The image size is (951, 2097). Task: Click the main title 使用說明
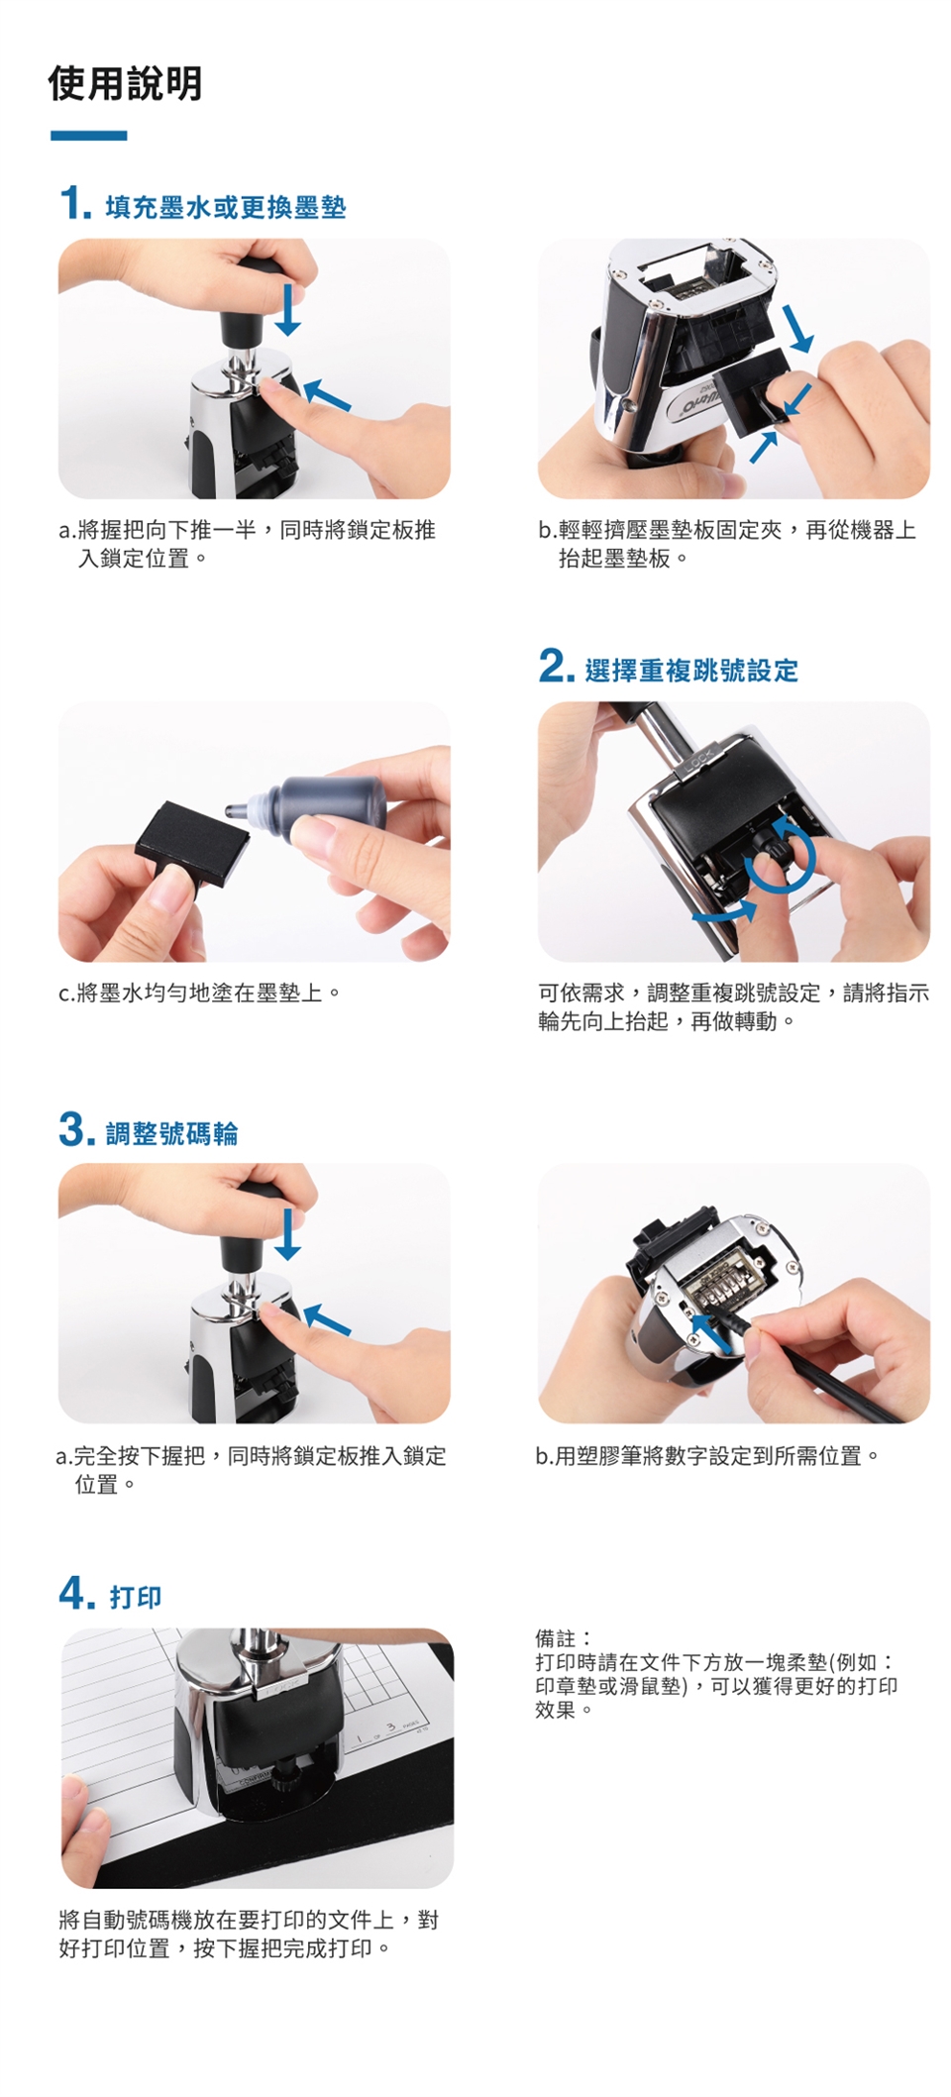[125, 83]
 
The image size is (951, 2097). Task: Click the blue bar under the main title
[88, 136]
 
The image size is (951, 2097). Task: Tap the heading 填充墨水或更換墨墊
[226, 207]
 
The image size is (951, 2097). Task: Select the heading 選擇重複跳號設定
[691, 671]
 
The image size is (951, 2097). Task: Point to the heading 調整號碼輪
[172, 1133]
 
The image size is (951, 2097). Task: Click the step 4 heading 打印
[136, 1597]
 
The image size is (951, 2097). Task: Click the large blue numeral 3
[76, 1130]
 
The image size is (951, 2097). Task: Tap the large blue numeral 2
[555, 666]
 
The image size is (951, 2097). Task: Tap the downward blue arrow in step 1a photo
[287, 309]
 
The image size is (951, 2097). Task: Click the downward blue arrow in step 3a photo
[287, 1233]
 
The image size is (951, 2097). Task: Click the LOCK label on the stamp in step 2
[692, 762]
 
